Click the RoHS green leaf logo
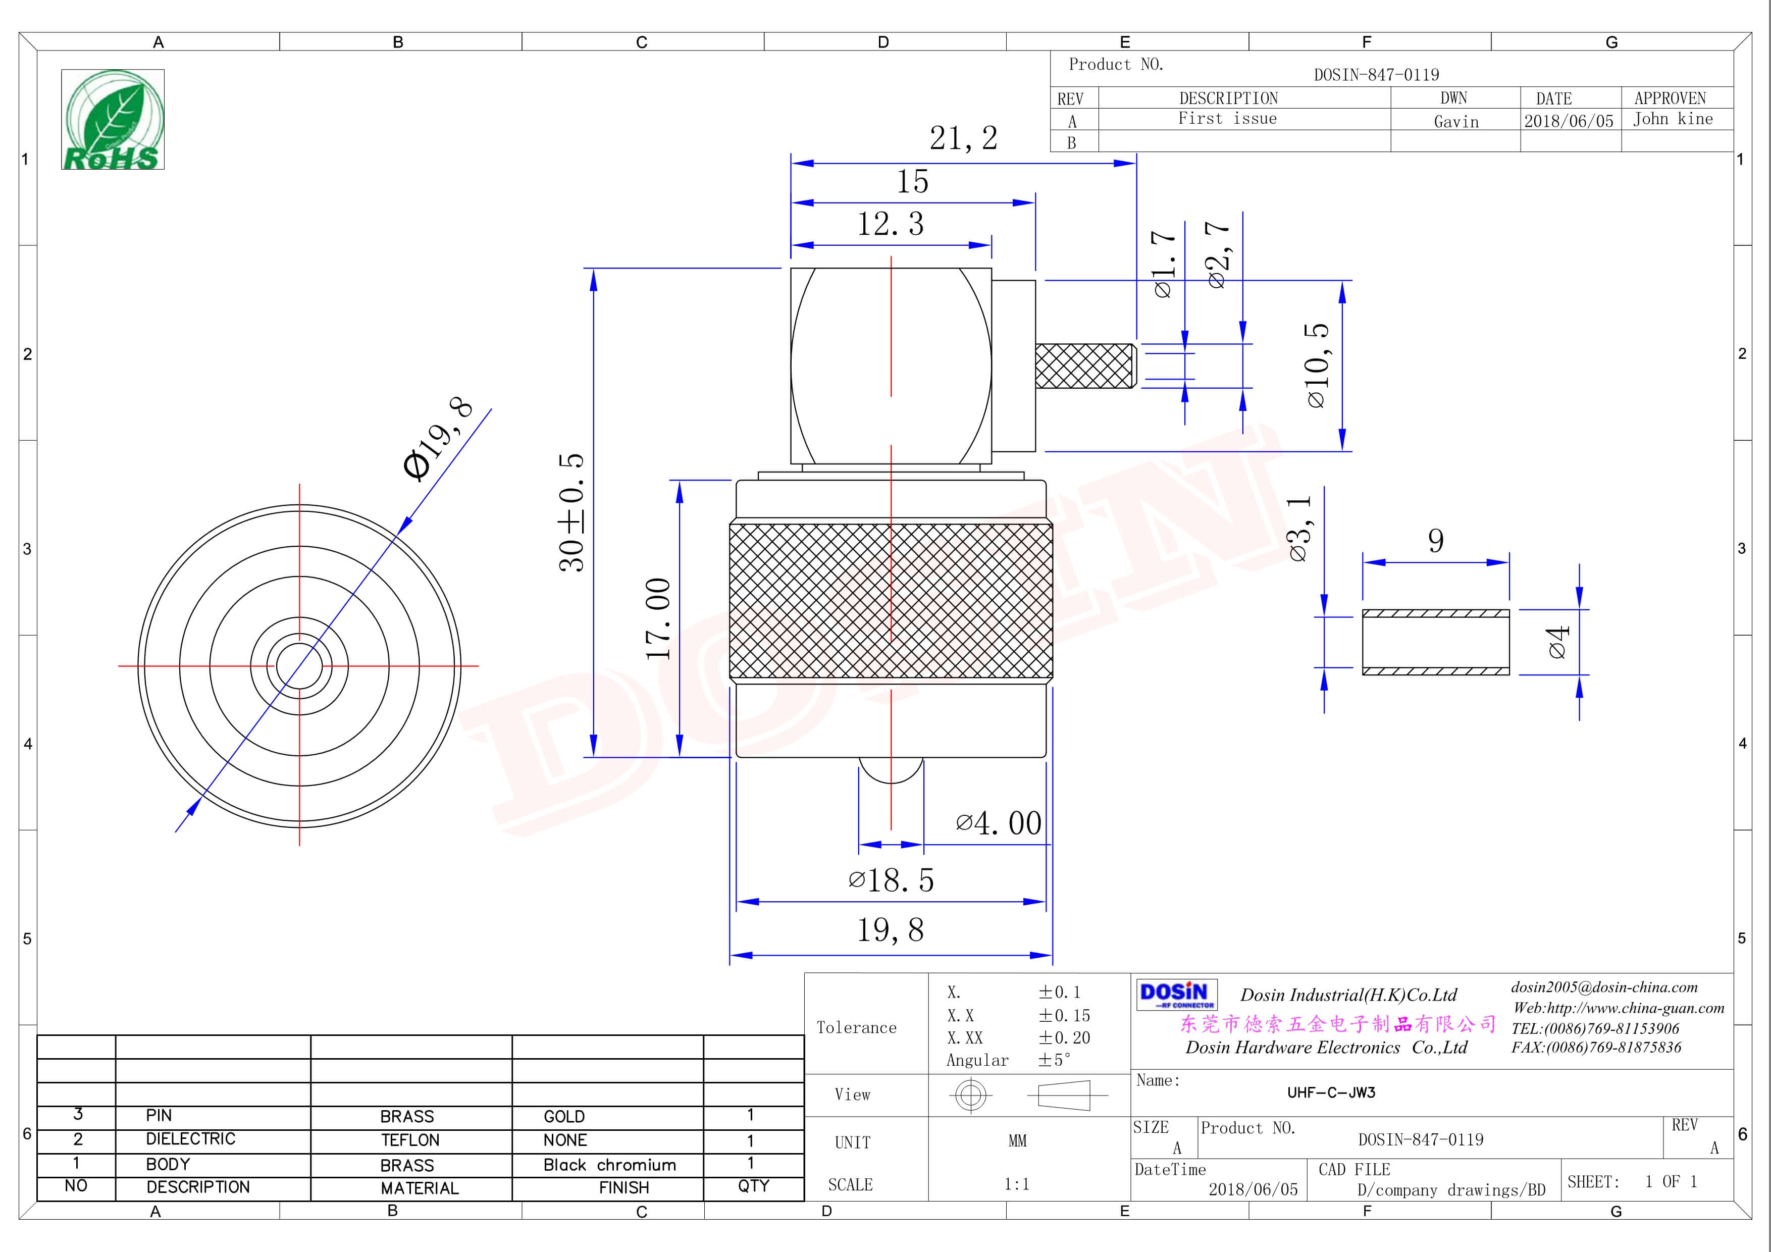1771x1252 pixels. pos(113,120)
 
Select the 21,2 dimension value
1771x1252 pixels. pos(963,139)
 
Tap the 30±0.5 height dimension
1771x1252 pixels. pos(571,512)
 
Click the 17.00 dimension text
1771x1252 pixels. pos(658,618)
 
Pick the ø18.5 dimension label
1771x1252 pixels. pos(891,880)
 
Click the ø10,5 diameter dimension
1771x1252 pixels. pos(1317,365)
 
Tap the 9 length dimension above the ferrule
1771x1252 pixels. pos(1435,541)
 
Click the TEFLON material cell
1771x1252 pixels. pos(409,1140)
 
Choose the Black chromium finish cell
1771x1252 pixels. pos(609,1165)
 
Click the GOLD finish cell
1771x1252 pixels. pos(564,1116)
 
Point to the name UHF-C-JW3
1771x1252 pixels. pos(1331,1092)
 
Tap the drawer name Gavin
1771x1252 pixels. pos(1455,122)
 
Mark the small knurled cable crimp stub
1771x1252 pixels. pos(1084,366)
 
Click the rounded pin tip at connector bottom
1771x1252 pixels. pos(891,771)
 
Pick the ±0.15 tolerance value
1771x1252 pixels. pos(1064,1015)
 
